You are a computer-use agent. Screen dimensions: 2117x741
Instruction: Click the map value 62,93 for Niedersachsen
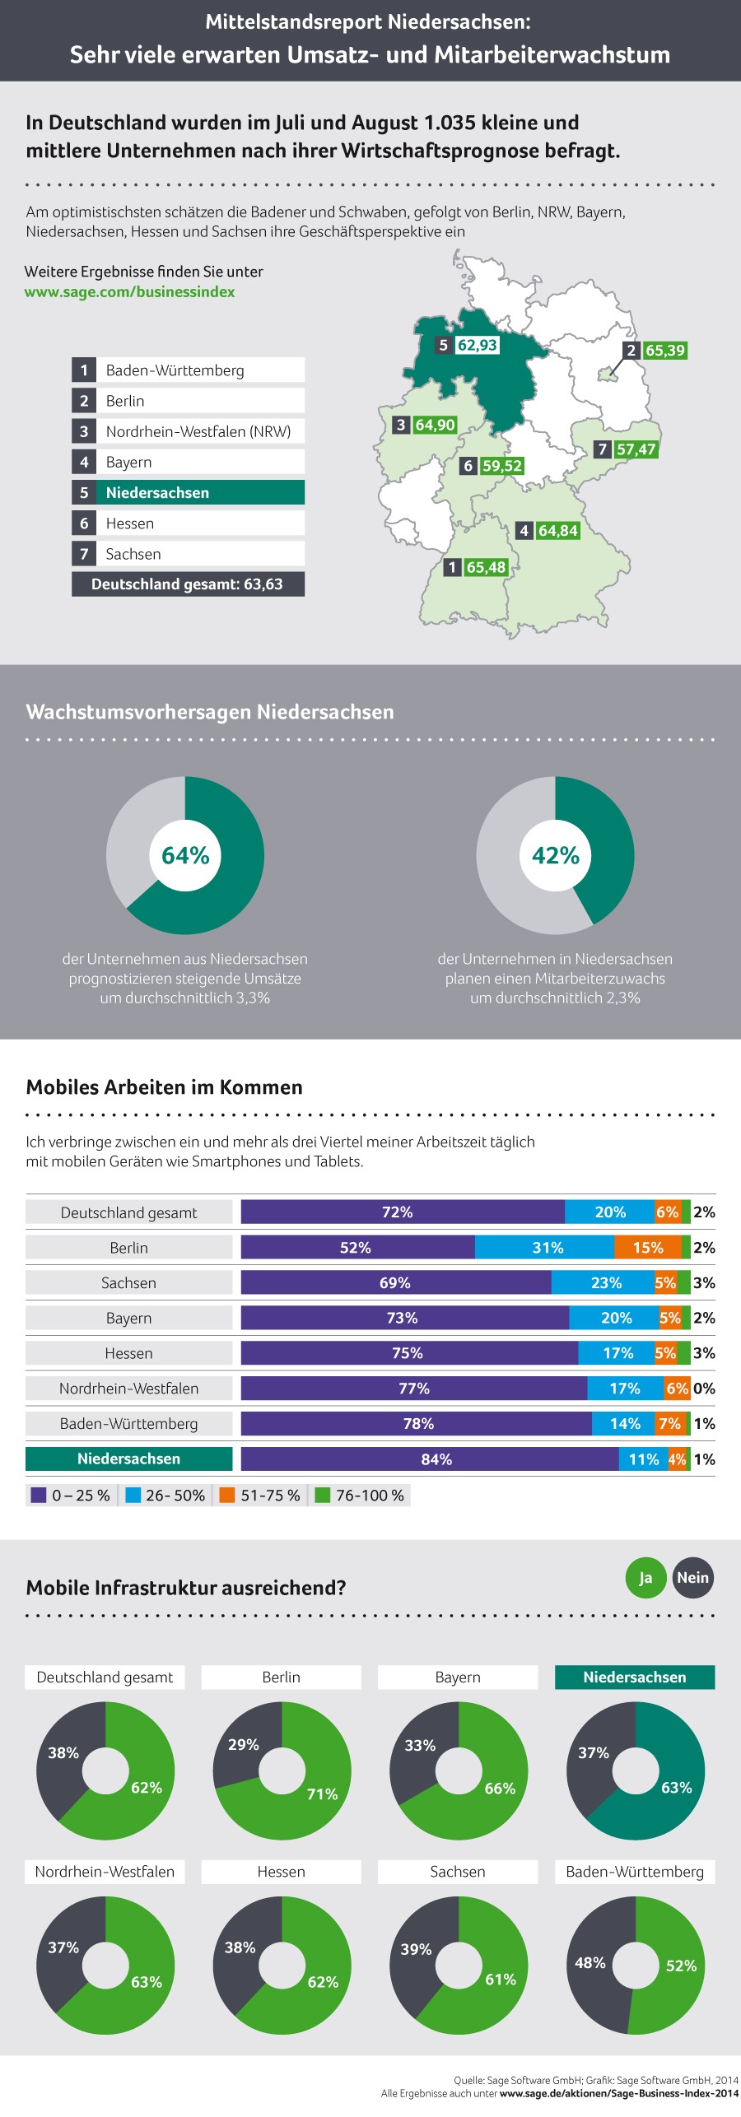point(478,345)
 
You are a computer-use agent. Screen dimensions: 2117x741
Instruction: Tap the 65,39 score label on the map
point(664,351)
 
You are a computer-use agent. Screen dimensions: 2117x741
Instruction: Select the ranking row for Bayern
point(188,462)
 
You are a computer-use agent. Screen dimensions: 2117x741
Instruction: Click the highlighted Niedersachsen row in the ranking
point(188,492)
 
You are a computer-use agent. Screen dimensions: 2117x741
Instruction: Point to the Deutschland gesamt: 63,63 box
point(188,584)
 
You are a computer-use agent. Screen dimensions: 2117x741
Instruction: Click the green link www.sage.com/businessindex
point(129,292)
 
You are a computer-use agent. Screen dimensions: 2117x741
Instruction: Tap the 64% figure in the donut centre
point(185,856)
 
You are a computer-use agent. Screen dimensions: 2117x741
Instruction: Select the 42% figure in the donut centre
point(556,856)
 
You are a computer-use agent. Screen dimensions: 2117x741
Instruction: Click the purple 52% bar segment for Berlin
point(357,1248)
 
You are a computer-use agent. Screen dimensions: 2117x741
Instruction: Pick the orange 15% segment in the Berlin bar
point(648,1248)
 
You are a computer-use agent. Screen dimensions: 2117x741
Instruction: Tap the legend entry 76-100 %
point(361,1496)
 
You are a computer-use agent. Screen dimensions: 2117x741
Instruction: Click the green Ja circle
point(645,1578)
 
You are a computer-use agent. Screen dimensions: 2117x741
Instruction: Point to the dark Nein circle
point(692,1578)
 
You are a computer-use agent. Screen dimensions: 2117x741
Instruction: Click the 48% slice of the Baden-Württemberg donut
point(590,1963)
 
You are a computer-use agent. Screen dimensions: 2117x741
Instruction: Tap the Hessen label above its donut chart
point(281,1872)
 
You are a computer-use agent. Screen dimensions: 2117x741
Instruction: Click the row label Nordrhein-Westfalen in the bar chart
point(129,1389)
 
